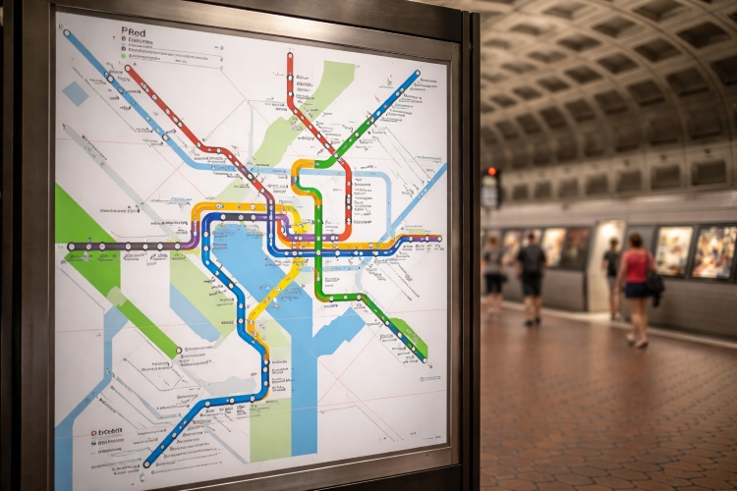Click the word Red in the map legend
tap(135, 32)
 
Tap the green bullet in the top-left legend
tap(124, 57)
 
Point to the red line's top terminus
tap(291, 56)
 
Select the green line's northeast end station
tap(417, 73)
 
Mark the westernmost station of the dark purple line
tap(71, 245)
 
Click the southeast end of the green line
tap(424, 358)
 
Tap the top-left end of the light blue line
tap(67, 32)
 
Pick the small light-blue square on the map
tap(76, 93)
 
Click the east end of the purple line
tap(437, 238)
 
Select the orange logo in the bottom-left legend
tap(96, 431)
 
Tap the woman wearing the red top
tap(637, 290)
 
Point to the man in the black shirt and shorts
tap(532, 278)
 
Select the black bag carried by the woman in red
tap(655, 284)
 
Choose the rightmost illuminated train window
tap(714, 252)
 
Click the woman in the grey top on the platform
tap(492, 276)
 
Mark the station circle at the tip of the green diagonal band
tap(178, 349)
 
